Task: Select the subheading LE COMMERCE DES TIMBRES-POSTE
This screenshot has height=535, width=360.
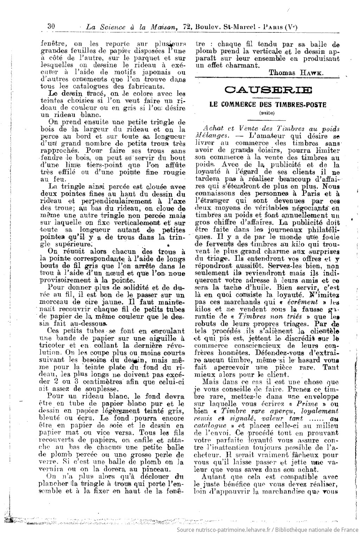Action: [x=268, y=104]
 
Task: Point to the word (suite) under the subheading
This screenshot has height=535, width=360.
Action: [x=268, y=113]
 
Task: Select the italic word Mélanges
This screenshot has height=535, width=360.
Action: [x=208, y=135]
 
